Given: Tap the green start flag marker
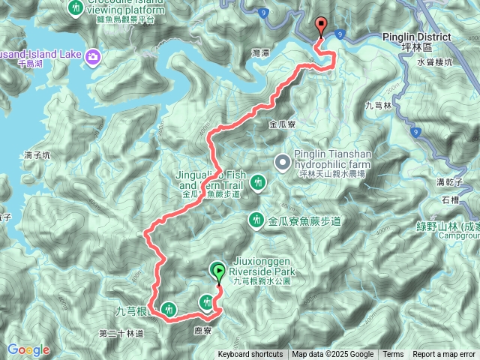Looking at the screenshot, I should (218, 271).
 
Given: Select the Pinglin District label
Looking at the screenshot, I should (417, 37).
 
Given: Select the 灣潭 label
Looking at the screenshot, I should (262, 53).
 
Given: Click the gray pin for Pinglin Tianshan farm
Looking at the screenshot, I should (283, 161).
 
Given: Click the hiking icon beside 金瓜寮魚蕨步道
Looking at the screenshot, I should (256, 220).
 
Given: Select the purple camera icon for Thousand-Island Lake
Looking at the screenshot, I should (94, 56).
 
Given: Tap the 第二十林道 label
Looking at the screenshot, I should (120, 332).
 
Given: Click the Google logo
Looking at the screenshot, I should (28, 349).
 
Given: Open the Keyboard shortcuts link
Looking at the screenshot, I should (250, 355).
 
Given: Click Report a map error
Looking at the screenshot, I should (444, 355).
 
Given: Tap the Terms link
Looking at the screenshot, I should (393, 355).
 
